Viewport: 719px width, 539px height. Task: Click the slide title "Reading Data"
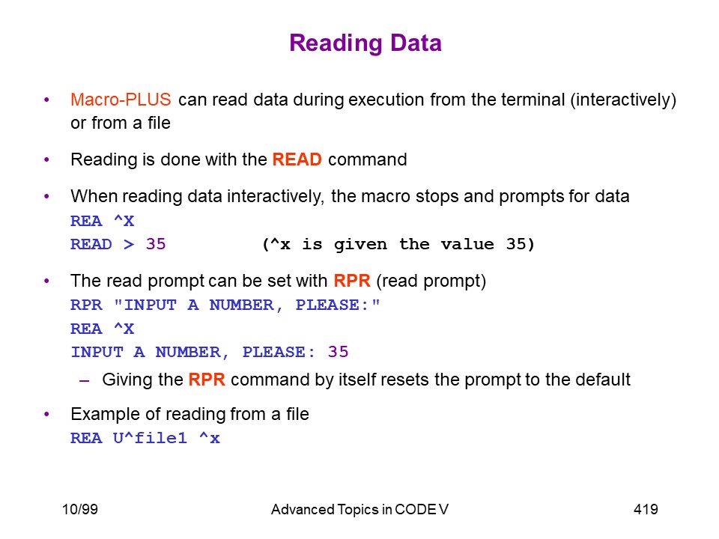[x=365, y=43]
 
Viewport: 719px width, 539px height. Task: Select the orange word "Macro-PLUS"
[x=121, y=100]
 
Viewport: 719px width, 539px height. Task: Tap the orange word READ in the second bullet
[x=297, y=159]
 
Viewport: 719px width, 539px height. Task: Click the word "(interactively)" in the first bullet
[x=623, y=100]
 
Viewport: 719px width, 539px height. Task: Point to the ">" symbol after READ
[x=129, y=244]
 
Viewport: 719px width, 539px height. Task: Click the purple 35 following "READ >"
[x=156, y=244]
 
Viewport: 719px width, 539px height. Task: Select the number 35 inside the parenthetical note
[x=516, y=244]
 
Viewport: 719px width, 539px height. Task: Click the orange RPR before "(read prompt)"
[x=352, y=281]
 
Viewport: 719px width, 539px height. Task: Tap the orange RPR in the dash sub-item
[x=207, y=380]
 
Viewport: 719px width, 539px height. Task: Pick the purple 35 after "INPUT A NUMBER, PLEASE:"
[x=338, y=352]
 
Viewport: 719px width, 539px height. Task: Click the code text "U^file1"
[x=150, y=438]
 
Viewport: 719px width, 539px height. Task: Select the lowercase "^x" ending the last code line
[x=210, y=438]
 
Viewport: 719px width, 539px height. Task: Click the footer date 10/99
[x=80, y=509]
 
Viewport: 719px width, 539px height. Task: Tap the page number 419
[x=646, y=509]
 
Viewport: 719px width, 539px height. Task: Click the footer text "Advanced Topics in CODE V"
[x=359, y=509]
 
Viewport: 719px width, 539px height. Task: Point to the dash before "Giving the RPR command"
[x=84, y=380]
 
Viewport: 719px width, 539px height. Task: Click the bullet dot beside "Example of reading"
[x=46, y=414]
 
